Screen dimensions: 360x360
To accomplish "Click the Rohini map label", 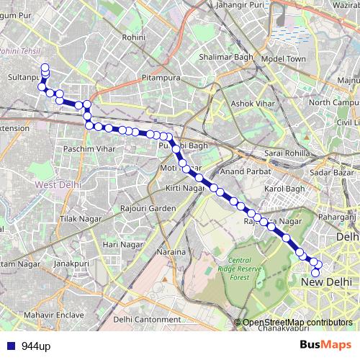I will point(134,37).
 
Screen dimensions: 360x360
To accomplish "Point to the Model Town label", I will point(284,58).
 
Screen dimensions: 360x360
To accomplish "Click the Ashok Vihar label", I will point(252,104).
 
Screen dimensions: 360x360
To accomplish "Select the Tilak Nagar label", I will point(77,218).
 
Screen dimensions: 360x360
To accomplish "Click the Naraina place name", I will point(173,252).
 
